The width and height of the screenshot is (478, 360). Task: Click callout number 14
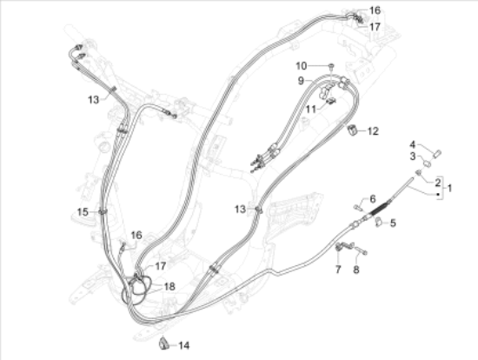[183, 346]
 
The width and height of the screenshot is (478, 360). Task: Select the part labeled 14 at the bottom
[164, 343]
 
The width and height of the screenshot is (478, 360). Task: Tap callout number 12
[373, 131]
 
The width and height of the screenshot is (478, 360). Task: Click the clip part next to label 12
[353, 130]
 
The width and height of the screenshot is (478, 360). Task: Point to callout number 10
[302, 66]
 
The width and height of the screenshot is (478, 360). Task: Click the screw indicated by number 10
[331, 66]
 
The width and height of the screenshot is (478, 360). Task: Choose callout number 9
[302, 81]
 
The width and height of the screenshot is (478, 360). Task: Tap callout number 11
[311, 110]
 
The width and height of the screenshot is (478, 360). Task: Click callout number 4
[413, 144]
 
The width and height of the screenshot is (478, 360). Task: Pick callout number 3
[413, 157]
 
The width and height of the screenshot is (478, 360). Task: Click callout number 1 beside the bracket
[449, 188]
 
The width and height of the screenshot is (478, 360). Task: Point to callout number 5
[393, 223]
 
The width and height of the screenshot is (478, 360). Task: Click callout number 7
[338, 270]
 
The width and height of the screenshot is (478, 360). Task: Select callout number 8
[356, 270]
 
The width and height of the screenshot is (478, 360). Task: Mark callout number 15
[83, 211]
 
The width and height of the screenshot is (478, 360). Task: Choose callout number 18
[169, 286]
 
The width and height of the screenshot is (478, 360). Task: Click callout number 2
[438, 183]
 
